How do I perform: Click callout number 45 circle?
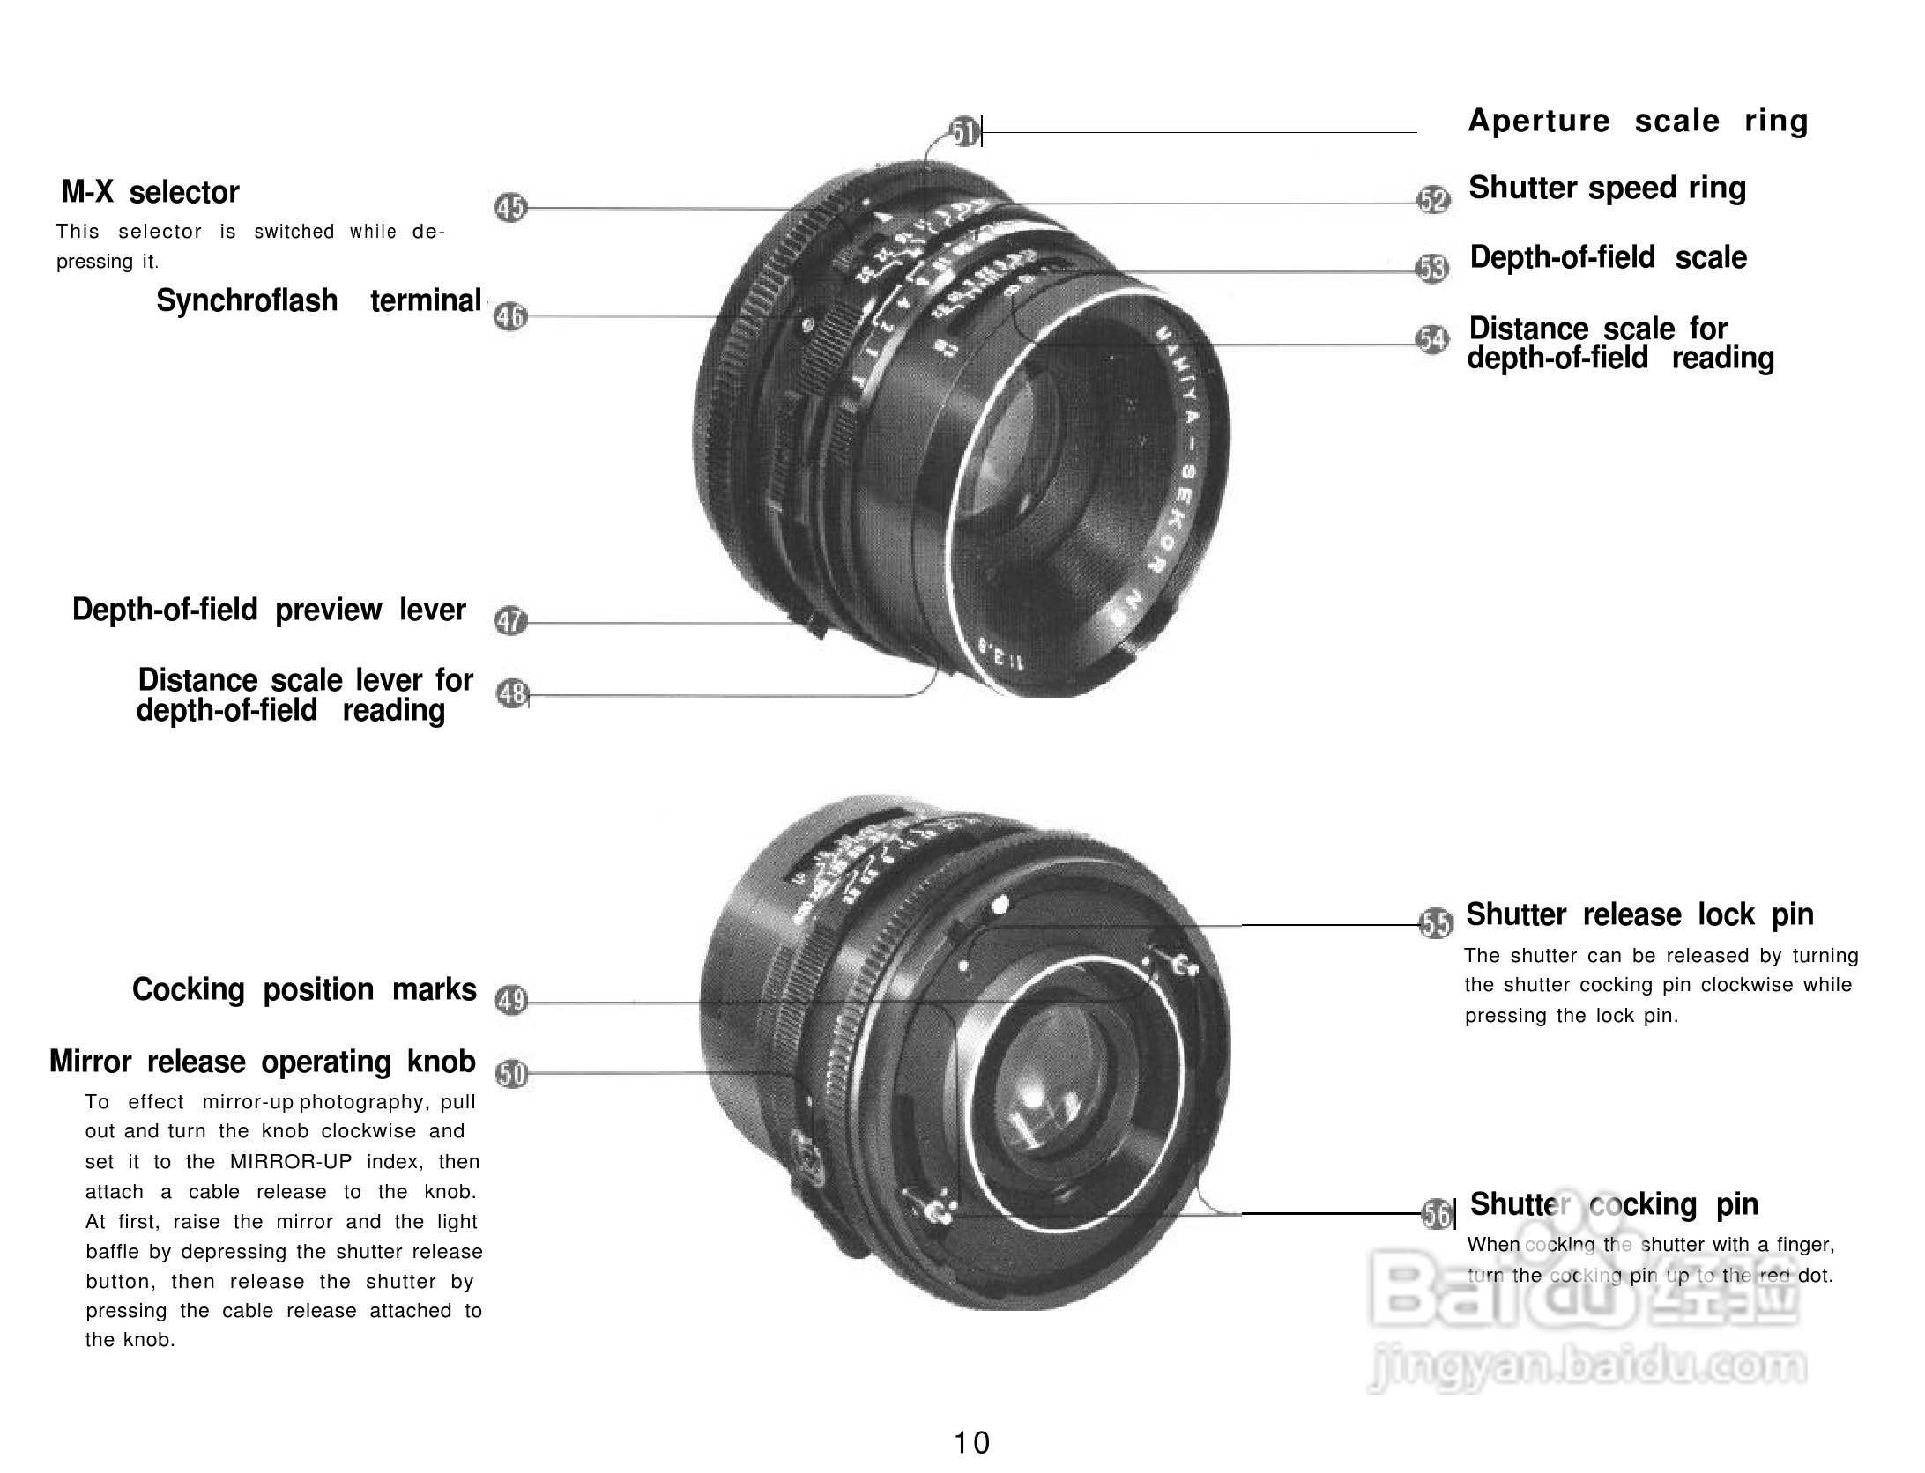(x=510, y=208)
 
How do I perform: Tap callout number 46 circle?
(x=510, y=315)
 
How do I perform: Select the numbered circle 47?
(x=510, y=621)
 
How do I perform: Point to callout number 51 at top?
(x=965, y=133)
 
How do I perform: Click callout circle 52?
(x=1433, y=200)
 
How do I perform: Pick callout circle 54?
(x=1432, y=339)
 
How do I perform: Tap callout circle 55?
(x=1437, y=923)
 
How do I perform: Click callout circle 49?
(x=511, y=1001)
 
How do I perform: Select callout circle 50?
(x=512, y=1074)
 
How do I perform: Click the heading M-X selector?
(x=150, y=192)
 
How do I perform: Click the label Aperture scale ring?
(x=1638, y=121)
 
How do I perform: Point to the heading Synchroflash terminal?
(x=318, y=300)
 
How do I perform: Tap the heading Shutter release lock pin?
(x=1639, y=914)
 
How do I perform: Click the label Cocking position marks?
(x=304, y=989)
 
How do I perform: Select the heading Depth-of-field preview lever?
(x=269, y=610)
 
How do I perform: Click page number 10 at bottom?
(x=971, y=1443)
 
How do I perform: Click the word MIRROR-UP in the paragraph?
(x=290, y=1161)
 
